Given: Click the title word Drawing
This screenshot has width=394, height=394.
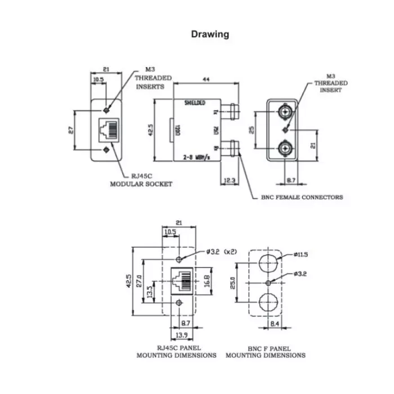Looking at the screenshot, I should [x=210, y=34].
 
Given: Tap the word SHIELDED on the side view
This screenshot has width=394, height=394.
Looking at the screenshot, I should [x=195, y=103].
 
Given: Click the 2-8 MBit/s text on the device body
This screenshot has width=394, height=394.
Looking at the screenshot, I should [x=195, y=158].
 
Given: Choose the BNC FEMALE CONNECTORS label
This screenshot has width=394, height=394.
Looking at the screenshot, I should [x=302, y=197].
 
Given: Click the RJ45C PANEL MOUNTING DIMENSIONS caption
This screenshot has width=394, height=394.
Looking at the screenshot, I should [x=176, y=351].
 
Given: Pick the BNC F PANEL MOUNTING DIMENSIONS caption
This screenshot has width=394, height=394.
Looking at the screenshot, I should [x=266, y=351].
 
